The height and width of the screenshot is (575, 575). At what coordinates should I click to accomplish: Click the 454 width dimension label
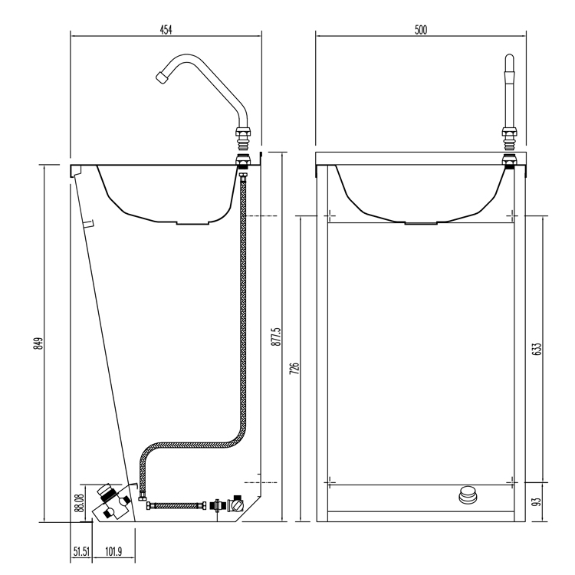[x=166, y=30]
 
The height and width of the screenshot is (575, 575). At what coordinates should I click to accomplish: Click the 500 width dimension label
[x=421, y=30]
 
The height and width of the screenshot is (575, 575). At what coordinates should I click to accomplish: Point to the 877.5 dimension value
[x=277, y=338]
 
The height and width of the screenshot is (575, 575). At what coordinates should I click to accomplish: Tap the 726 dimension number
[x=294, y=369]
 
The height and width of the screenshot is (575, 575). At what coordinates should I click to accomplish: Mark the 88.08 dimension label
[x=78, y=502]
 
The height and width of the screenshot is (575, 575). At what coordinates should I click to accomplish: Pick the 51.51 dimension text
[x=82, y=550]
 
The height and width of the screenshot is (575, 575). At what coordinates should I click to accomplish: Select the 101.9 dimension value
[x=114, y=550]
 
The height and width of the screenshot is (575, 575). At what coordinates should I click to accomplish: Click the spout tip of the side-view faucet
[x=161, y=77]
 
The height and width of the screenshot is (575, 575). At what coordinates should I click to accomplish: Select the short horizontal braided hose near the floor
[x=177, y=505]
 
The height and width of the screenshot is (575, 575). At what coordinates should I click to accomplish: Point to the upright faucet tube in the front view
[x=507, y=92]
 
